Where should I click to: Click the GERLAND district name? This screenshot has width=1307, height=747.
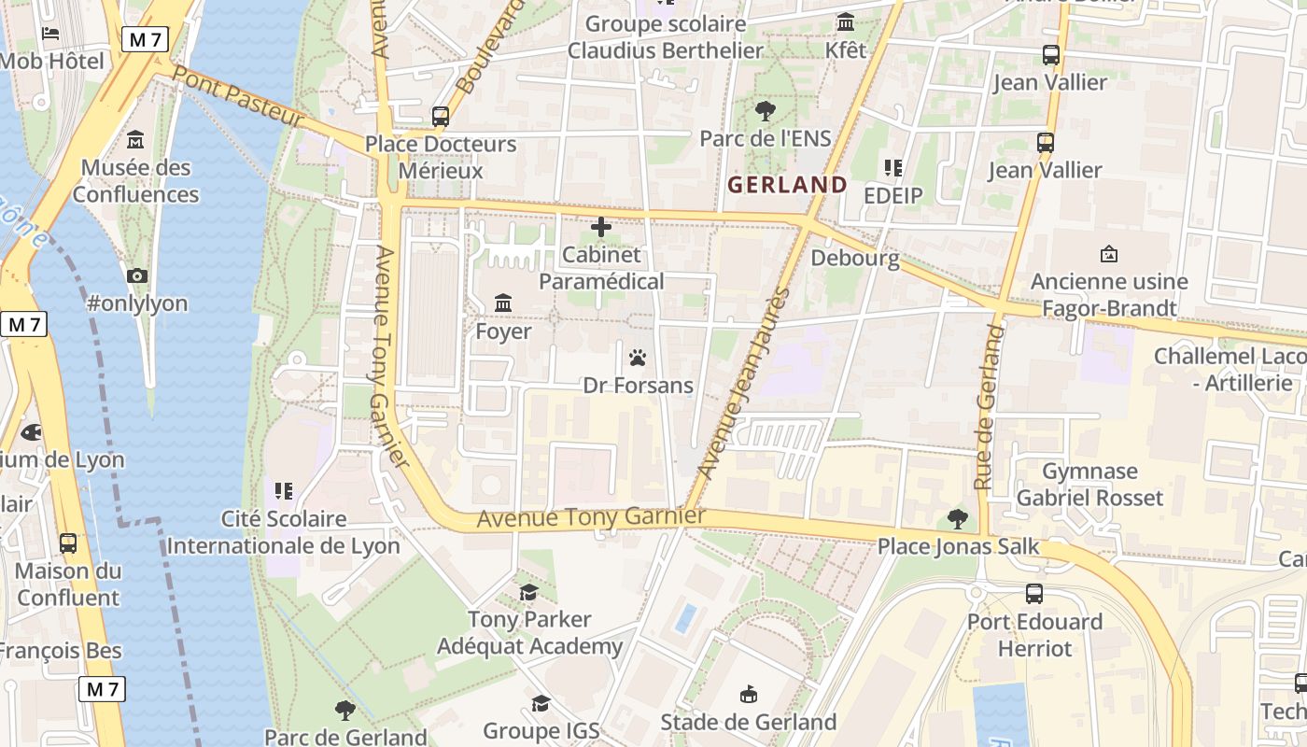[x=787, y=185]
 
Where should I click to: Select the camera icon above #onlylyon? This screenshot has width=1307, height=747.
[x=137, y=275]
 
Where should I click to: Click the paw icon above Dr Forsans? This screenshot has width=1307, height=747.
[x=638, y=358]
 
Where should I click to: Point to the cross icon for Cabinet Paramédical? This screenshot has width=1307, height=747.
[x=601, y=227]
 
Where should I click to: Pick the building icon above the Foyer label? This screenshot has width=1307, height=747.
[x=503, y=303]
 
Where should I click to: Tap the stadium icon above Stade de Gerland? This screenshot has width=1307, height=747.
[x=749, y=694]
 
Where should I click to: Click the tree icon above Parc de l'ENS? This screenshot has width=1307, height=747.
[x=765, y=111]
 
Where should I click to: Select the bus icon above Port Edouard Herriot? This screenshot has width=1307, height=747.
[x=1034, y=594]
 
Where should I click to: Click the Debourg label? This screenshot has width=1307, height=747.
[x=855, y=258]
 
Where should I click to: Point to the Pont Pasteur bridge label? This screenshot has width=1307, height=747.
[x=239, y=98]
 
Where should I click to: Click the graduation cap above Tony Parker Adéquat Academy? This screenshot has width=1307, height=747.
[x=529, y=592]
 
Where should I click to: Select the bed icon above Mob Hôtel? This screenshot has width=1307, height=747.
[x=50, y=34]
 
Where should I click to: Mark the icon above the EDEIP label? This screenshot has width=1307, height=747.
[x=892, y=168]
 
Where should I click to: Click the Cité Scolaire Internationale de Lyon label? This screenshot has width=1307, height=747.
[x=283, y=532]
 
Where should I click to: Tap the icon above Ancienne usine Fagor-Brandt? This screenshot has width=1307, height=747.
[x=1109, y=254]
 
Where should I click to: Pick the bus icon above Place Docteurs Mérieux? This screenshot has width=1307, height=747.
[x=441, y=117]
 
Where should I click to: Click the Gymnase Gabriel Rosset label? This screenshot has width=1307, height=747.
[x=1089, y=485]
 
